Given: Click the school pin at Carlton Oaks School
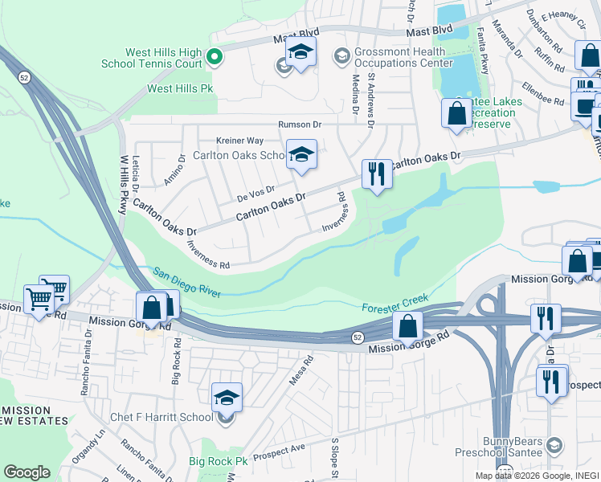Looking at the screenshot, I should [301, 155].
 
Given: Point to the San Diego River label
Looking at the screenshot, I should [187, 284].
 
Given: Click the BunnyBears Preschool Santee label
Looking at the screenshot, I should [513, 447].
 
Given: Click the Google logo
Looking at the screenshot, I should [27, 472].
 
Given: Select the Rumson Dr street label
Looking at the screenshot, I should [300, 125].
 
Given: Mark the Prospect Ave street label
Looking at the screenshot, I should [279, 451].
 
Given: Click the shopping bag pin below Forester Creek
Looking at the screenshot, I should [407, 326].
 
